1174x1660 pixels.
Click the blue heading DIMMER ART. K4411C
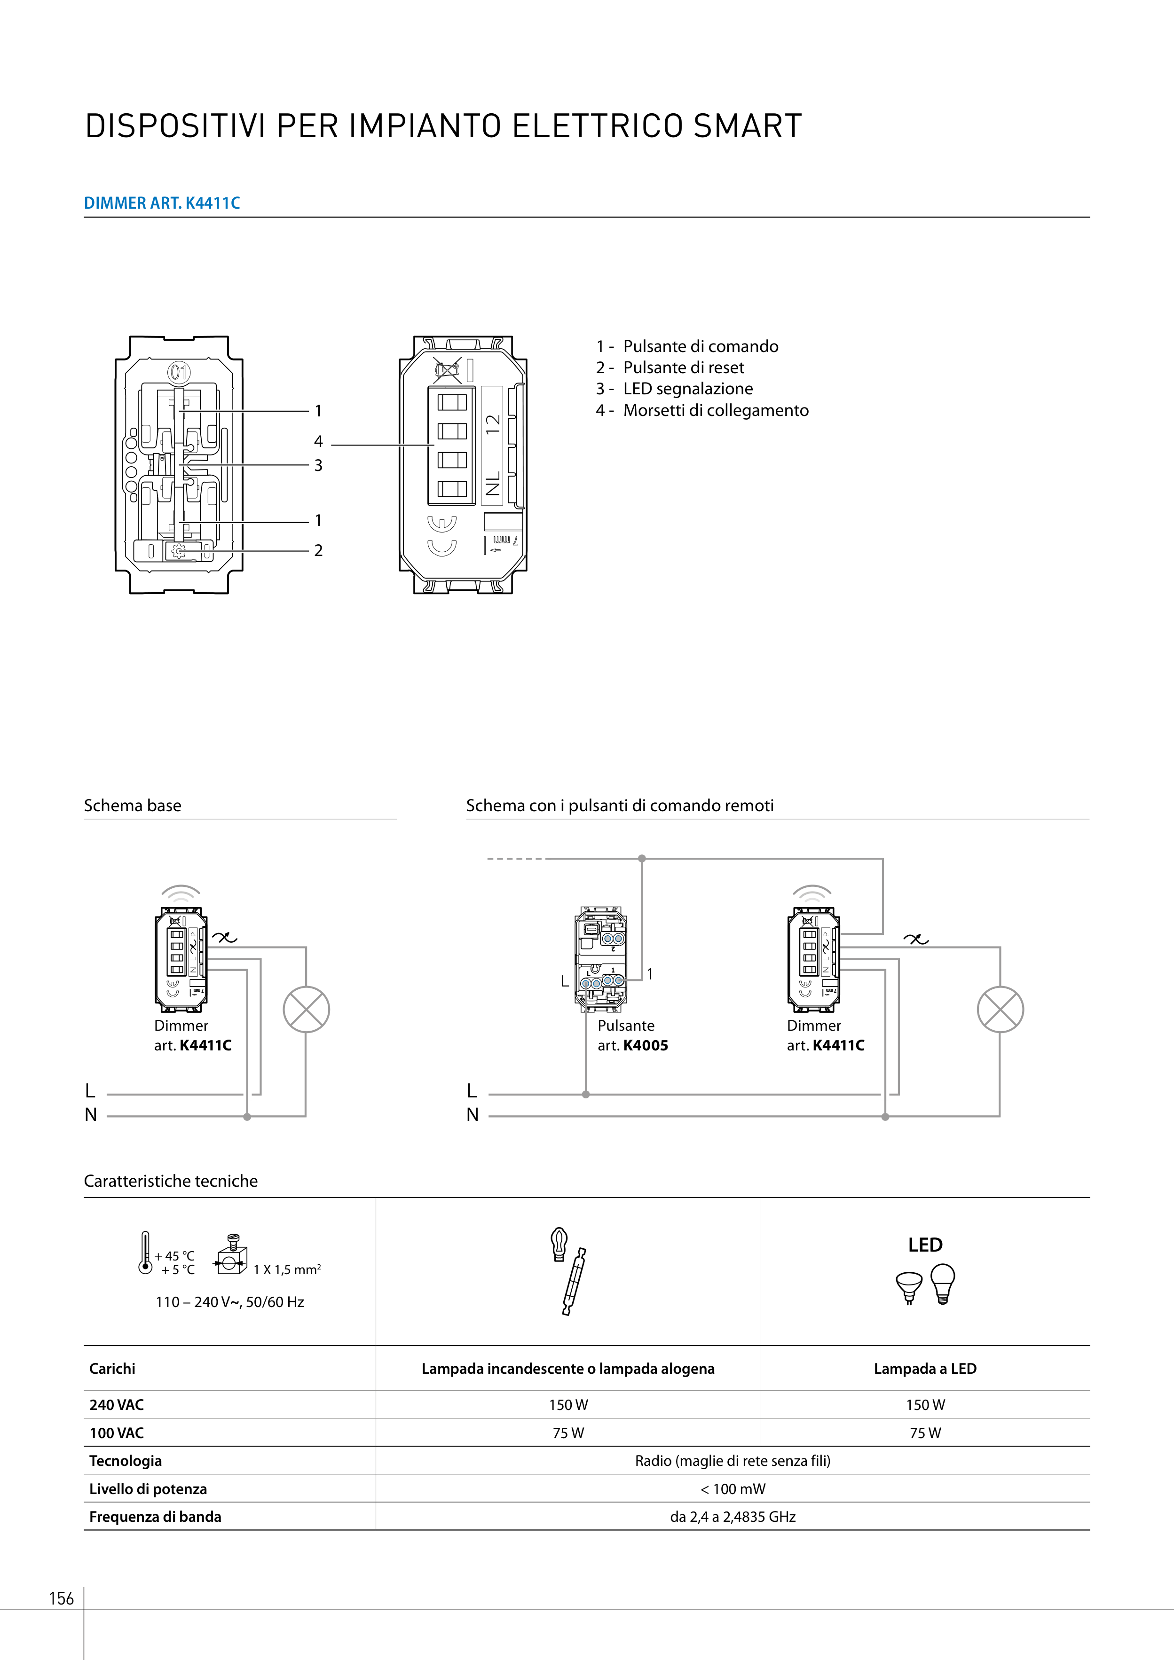pyautogui.click(x=162, y=203)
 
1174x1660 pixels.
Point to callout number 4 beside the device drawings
pyautogui.click(x=318, y=441)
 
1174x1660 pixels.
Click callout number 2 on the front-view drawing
pyautogui.click(x=318, y=550)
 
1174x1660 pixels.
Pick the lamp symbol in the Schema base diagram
pyautogui.click(x=306, y=1010)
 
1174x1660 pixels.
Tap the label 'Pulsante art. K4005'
pyautogui.click(x=632, y=1035)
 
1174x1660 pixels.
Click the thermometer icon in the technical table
pyautogui.click(x=145, y=1252)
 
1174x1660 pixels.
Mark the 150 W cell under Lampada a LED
pyautogui.click(x=925, y=1405)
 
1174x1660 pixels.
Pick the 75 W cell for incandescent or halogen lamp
pyautogui.click(x=568, y=1433)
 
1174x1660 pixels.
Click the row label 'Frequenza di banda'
pyautogui.click(x=155, y=1517)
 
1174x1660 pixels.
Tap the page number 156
pyautogui.click(x=62, y=1598)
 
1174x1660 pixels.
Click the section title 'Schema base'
pyautogui.click(x=133, y=806)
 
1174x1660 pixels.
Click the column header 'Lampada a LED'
pyautogui.click(x=925, y=1369)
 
